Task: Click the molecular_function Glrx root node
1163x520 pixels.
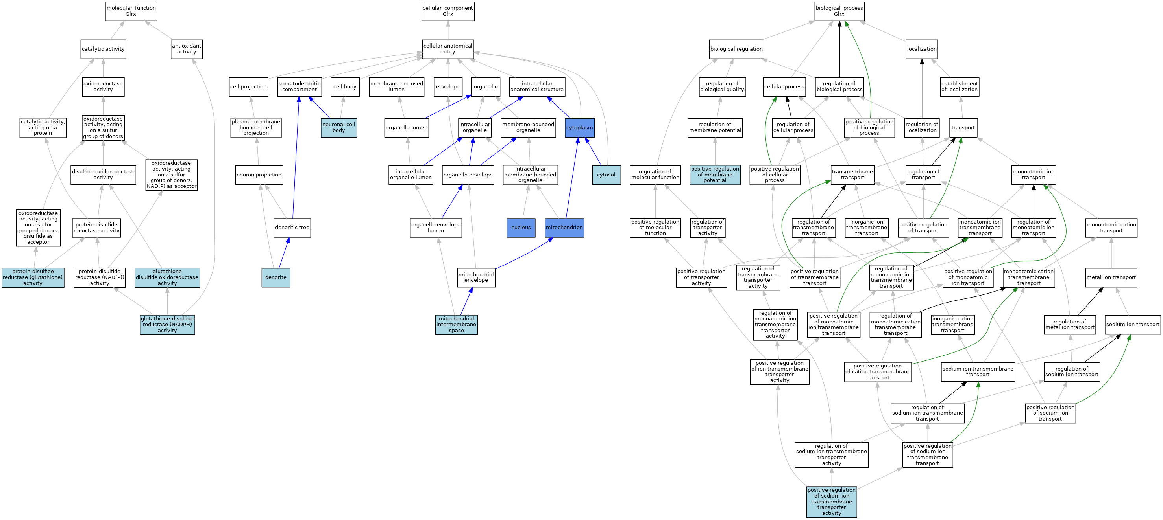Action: pos(131,11)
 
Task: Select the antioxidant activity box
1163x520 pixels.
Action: pos(187,49)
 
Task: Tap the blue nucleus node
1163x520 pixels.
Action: pos(521,228)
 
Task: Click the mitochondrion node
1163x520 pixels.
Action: pos(564,228)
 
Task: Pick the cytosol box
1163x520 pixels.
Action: pos(606,175)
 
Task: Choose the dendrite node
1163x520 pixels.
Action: pos(275,277)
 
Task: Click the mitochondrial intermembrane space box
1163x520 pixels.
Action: pos(456,325)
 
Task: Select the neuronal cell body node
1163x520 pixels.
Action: pos(338,128)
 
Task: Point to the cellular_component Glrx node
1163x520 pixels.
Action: pos(447,11)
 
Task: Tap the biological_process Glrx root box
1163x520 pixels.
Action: pos(839,11)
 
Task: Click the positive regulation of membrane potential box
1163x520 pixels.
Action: pos(715,175)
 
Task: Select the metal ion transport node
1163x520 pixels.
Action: pos(1111,277)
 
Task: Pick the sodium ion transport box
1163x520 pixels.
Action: pos(1132,325)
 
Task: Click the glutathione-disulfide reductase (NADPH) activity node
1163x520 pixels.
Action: pos(167,325)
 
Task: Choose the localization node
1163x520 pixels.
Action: pos(921,49)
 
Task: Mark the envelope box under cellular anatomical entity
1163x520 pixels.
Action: pos(447,86)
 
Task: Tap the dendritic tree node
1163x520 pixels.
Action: pos(292,228)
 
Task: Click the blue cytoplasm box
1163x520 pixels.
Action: pos(579,128)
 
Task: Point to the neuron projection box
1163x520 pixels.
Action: pos(259,175)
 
